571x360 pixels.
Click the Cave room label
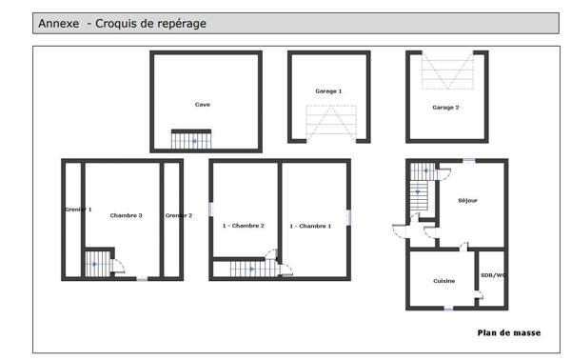pos(203,105)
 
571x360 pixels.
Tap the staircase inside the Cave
pos(191,140)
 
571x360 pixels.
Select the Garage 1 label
pos(328,90)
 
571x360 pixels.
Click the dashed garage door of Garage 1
pos(328,124)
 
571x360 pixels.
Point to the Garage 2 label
pos(445,108)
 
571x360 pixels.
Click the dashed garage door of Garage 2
pos(446,70)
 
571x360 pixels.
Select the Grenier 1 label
pos(78,208)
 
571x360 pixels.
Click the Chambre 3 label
pos(126,215)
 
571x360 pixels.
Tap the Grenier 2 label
pos(179,215)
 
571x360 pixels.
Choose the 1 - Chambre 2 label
pos(244,226)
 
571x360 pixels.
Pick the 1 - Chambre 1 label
pos(310,226)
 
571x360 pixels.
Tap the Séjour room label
pos(467,200)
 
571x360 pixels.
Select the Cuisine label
pos(443,281)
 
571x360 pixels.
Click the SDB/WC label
pos(493,276)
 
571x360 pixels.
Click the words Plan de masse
pos(509,332)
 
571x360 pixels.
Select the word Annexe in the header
pos(59,22)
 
